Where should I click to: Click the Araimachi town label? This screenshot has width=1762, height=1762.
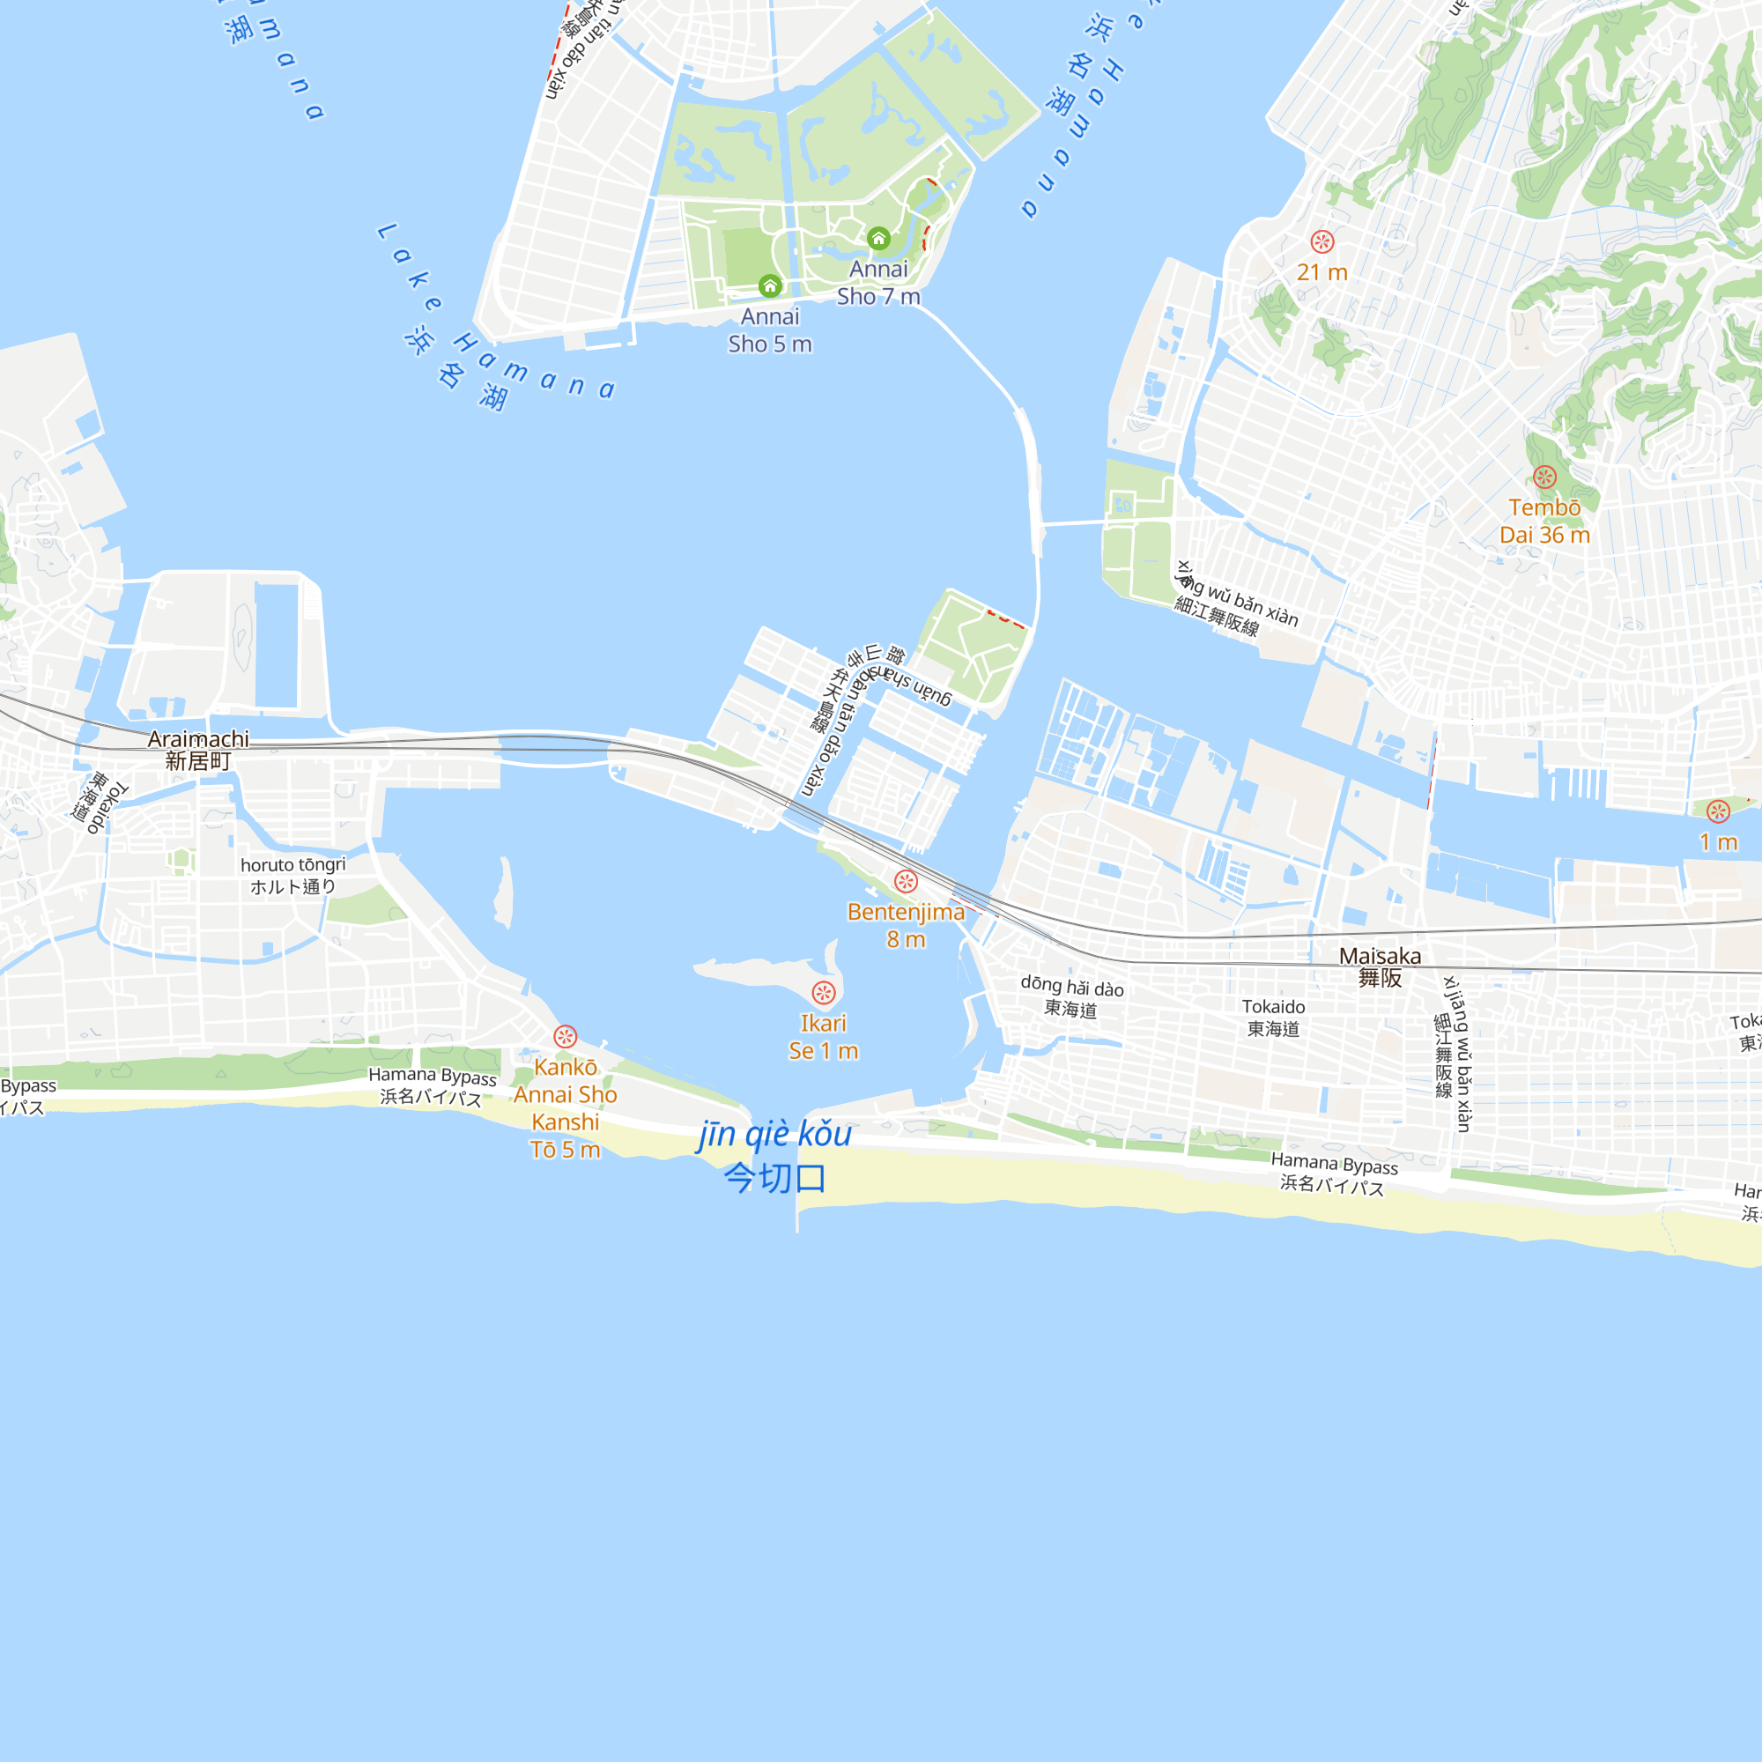[198, 750]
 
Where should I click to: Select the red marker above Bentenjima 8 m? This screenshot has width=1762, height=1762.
[906, 881]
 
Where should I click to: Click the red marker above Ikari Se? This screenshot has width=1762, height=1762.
[824, 993]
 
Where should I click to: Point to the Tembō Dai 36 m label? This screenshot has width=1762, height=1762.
[1544, 521]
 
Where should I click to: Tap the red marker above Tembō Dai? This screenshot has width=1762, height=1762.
[1544, 477]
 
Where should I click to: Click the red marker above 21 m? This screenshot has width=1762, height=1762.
[1321, 241]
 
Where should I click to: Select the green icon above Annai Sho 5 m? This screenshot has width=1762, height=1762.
[770, 286]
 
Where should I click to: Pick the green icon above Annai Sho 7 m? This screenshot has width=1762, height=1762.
[878, 239]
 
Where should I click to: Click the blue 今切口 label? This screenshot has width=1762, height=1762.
[775, 1178]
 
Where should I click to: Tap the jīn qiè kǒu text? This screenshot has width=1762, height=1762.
[775, 1134]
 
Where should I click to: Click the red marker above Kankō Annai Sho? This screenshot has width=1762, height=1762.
[566, 1036]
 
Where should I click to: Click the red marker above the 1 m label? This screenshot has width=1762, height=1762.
[1718, 811]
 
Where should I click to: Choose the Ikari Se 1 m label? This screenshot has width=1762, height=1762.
[824, 1037]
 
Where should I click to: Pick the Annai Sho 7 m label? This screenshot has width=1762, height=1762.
[878, 283]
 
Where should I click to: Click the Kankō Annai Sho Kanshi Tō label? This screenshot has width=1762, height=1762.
[566, 1108]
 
